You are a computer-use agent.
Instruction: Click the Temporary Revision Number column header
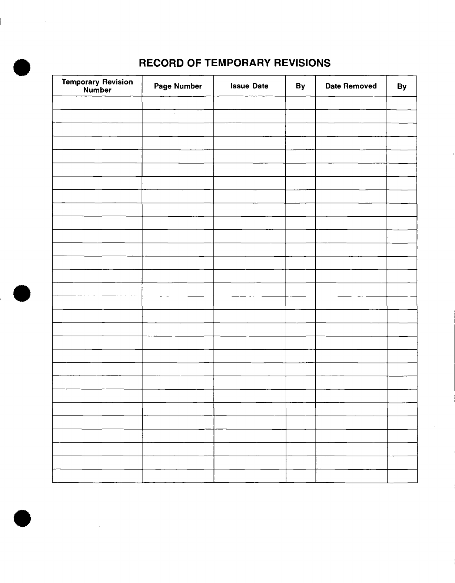[97, 86]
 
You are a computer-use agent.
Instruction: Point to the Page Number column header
[178, 86]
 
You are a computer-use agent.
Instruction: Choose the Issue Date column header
[249, 86]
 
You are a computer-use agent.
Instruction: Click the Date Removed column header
[351, 86]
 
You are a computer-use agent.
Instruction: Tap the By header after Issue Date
[300, 86]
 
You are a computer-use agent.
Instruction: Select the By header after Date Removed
[402, 86]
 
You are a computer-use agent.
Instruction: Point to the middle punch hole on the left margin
[22, 294]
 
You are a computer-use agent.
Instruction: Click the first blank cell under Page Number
[178, 103]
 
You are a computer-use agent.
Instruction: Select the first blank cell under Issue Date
[249, 103]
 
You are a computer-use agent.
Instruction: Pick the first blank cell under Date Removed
[351, 103]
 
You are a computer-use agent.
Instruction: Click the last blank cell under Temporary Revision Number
[97, 476]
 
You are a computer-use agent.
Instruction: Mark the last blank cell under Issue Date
[250, 476]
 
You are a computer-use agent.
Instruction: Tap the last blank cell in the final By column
[402, 476]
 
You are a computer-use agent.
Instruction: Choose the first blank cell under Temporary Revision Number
[97, 103]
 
